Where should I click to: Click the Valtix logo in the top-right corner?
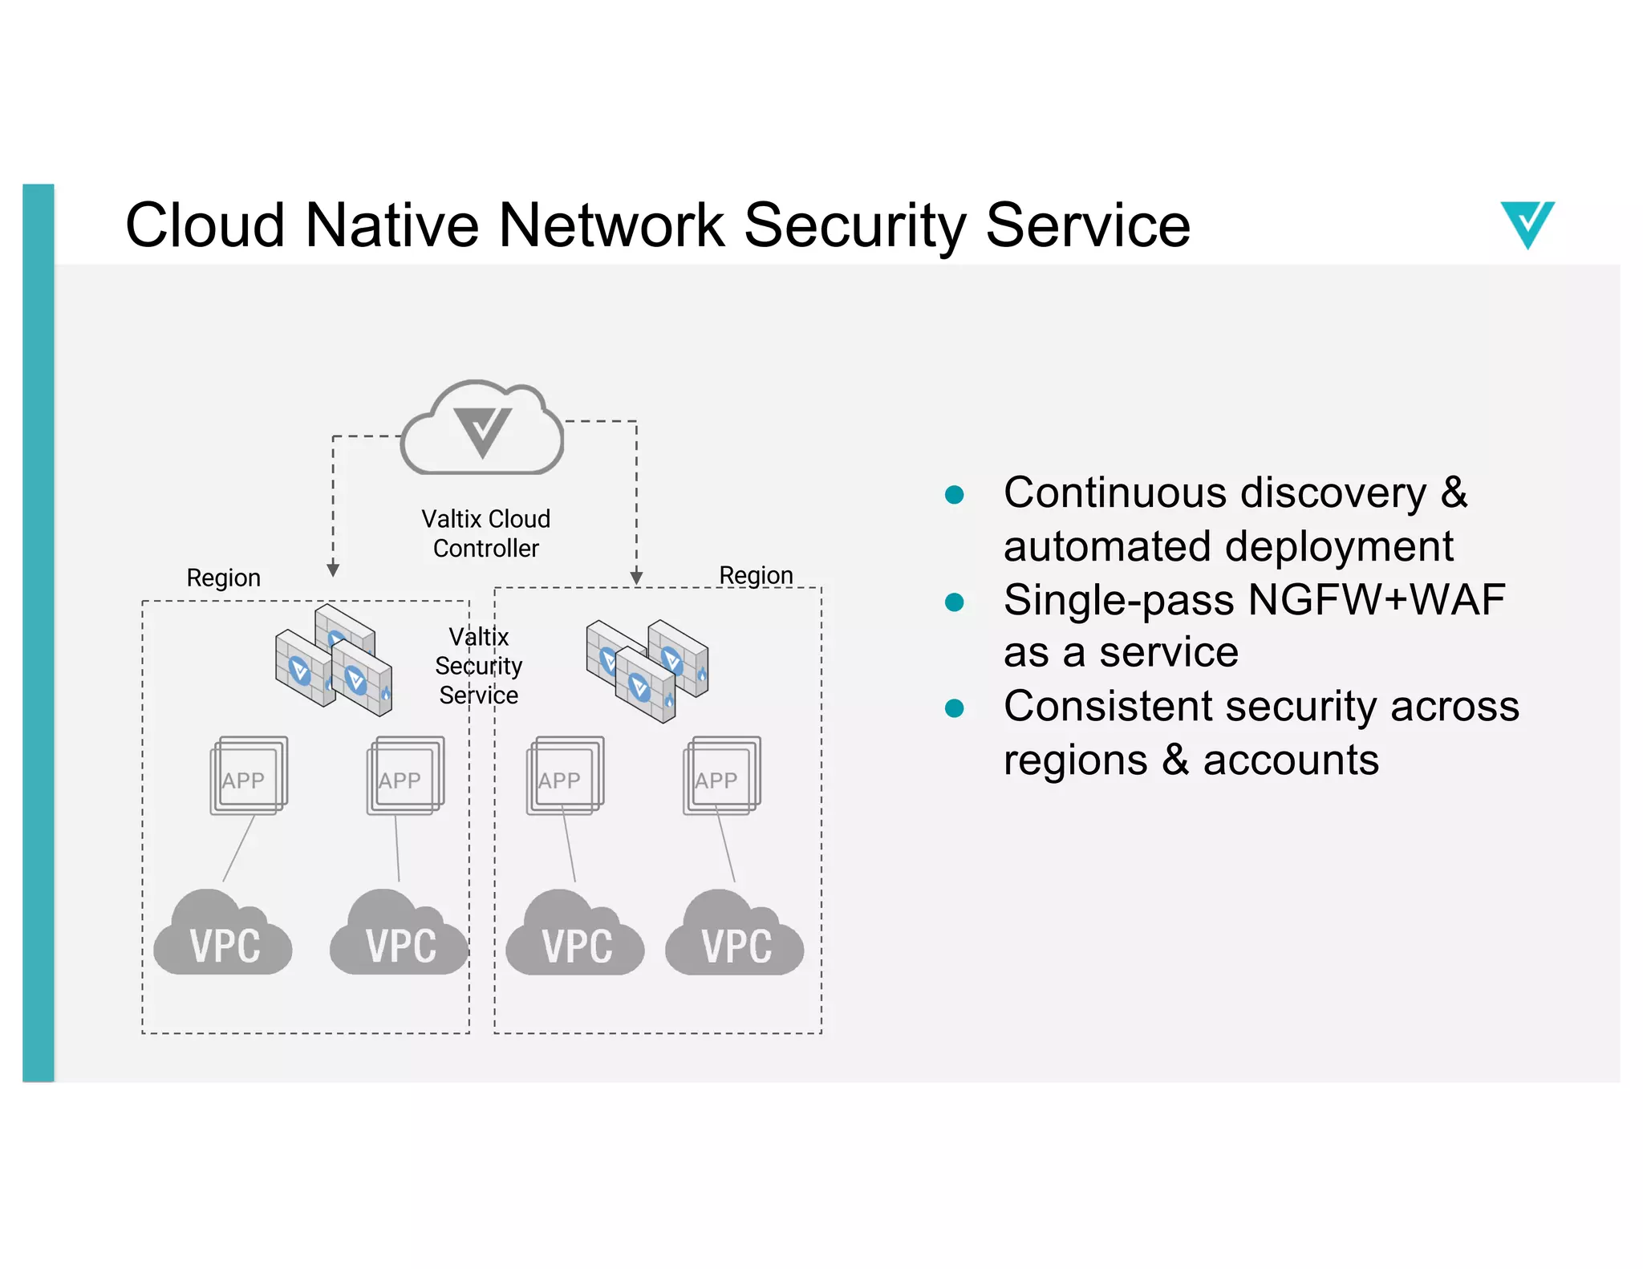click(1527, 224)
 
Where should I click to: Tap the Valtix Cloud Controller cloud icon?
click(482, 430)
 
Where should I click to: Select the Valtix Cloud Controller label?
click(485, 533)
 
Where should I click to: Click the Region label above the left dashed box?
click(223, 578)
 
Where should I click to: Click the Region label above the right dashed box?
click(755, 574)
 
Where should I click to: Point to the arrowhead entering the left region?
click(333, 570)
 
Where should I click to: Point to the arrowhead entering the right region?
click(636, 578)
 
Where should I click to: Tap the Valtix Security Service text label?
click(479, 666)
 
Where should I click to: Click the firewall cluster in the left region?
click(334, 661)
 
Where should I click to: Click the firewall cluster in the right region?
click(647, 668)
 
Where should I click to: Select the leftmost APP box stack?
click(249, 776)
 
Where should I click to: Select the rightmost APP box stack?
click(721, 776)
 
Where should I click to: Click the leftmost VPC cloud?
click(223, 935)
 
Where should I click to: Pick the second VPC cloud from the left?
click(399, 935)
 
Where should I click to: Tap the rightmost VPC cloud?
click(734, 935)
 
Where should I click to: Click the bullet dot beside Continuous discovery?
click(954, 494)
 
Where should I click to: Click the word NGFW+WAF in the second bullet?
click(1376, 599)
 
